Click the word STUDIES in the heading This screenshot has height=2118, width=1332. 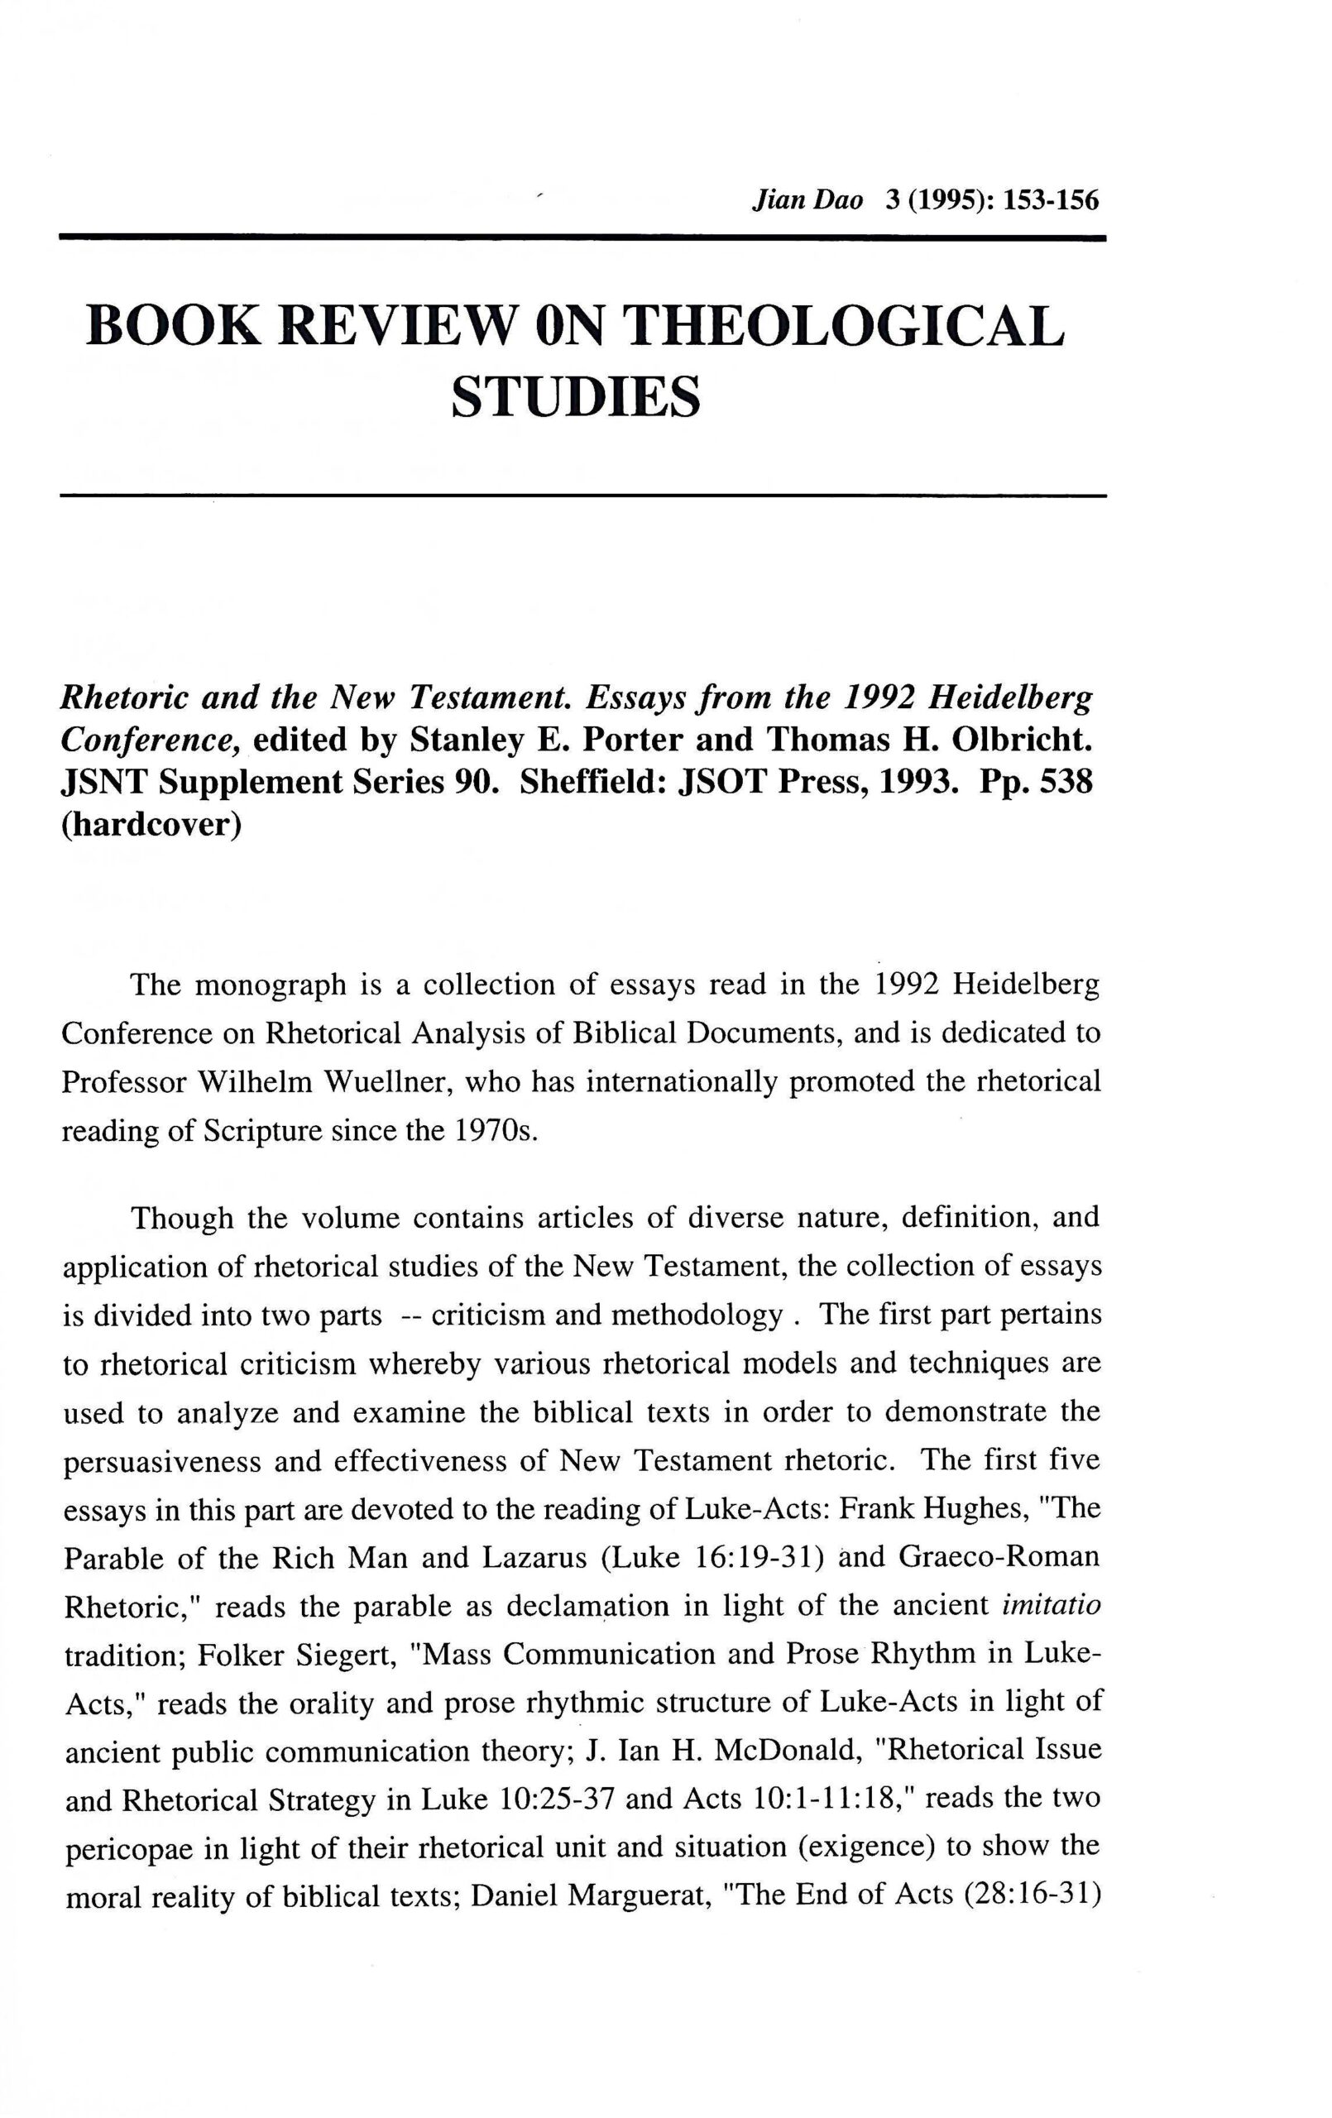(577, 398)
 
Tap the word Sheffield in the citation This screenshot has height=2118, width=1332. (591, 783)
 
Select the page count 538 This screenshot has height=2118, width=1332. (1066, 783)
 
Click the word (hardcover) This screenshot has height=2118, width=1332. (151, 826)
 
